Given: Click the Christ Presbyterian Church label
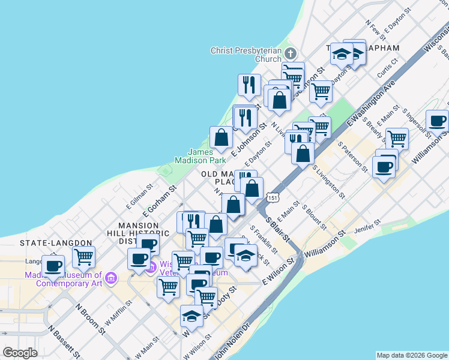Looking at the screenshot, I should pos(246,55).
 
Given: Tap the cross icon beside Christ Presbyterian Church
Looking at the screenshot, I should pos(291,53).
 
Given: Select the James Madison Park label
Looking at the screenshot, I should pos(200,156).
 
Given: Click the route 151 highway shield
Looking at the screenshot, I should pos(273,197).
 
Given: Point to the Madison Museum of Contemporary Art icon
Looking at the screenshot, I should pos(110,278).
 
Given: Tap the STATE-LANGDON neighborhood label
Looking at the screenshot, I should pos(56,243).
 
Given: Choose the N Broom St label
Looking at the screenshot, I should pos(91,318).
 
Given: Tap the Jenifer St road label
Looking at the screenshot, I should pos(369,226).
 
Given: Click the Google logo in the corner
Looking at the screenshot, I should pos(20,353).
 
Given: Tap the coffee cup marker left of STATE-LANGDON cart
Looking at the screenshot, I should pos(53,265).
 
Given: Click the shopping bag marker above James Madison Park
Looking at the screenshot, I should pos(221,137).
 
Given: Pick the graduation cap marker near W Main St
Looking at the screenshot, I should pos(191,316).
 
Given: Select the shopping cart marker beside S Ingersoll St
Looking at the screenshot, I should pos(396,139).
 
